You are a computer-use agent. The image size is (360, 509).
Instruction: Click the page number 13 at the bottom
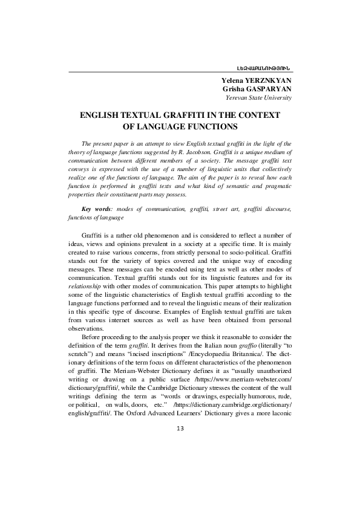[180, 429]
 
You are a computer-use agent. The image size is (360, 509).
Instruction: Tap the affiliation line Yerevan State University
[258, 97]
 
